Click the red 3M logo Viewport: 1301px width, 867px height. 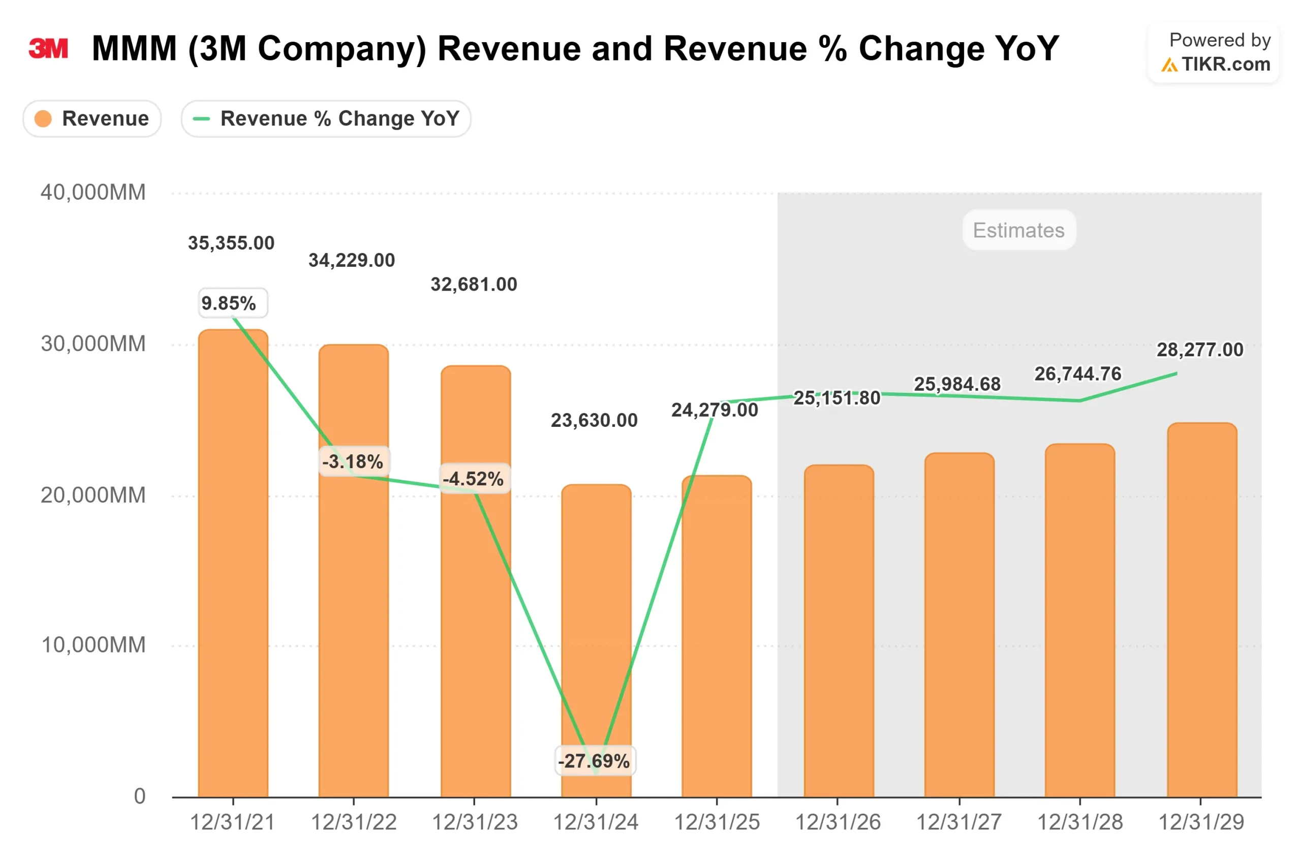[48, 49]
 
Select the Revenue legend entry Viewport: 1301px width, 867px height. [92, 118]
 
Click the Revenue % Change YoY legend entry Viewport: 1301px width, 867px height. [326, 118]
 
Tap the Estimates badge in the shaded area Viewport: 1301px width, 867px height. [1018, 230]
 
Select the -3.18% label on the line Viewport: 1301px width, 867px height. [353, 461]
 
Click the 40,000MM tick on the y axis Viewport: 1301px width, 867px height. [93, 193]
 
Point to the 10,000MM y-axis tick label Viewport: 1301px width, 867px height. [93, 645]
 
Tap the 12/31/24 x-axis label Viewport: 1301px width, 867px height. [596, 822]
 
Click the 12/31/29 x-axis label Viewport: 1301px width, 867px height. [1200, 822]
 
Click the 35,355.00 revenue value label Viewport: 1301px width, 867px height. [231, 243]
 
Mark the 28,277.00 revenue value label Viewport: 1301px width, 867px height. [1199, 350]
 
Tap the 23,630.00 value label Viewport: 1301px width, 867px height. [594, 420]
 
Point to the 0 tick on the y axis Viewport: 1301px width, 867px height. [139, 796]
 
